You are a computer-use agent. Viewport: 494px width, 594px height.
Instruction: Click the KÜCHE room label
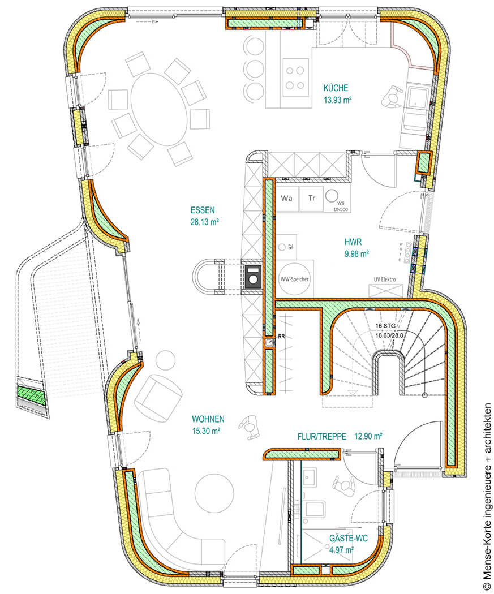[x=336, y=88]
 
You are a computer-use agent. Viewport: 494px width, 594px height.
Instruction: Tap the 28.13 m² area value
[x=205, y=222]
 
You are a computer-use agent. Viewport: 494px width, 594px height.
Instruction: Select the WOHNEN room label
[x=208, y=419]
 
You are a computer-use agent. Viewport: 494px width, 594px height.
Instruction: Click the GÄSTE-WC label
[x=349, y=539]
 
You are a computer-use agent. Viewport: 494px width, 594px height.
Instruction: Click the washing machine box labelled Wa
[x=286, y=199]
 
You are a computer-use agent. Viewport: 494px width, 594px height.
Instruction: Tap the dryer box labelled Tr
[x=311, y=199]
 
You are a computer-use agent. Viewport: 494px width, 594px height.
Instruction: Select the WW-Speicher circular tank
[x=295, y=279]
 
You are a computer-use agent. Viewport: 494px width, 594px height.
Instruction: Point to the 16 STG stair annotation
[x=385, y=326]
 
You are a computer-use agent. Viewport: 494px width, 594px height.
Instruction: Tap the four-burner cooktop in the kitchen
[x=295, y=79]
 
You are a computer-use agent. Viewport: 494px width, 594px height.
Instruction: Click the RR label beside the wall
[x=281, y=337]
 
